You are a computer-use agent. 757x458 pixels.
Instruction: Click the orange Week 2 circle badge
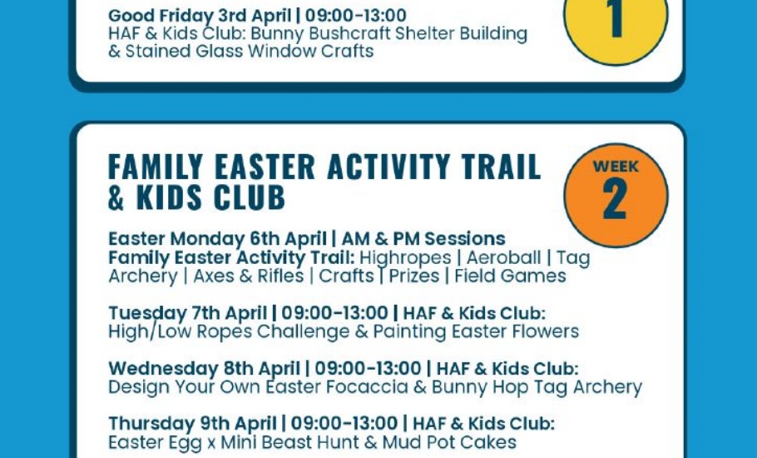[x=616, y=195]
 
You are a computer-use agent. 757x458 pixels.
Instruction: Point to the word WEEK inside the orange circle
[x=616, y=167]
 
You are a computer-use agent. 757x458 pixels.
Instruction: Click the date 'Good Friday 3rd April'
[x=200, y=16]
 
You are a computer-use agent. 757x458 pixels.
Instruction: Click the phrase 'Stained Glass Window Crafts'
[x=249, y=51]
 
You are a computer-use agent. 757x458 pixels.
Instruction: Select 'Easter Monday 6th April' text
[x=217, y=239]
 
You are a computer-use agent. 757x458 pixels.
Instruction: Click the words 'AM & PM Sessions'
[x=423, y=239]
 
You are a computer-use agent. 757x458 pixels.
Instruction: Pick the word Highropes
[x=405, y=257]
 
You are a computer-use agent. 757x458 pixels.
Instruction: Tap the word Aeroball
[x=503, y=257]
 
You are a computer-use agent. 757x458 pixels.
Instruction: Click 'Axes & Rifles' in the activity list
[x=248, y=276]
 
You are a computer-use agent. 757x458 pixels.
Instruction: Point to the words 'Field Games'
[x=510, y=276]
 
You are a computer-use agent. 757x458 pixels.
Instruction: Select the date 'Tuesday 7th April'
[x=187, y=313]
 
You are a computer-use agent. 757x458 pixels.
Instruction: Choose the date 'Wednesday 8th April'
[x=204, y=369]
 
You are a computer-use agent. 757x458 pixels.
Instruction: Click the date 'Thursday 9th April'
[x=192, y=424]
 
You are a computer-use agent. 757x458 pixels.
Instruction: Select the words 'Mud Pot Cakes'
[x=449, y=442]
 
